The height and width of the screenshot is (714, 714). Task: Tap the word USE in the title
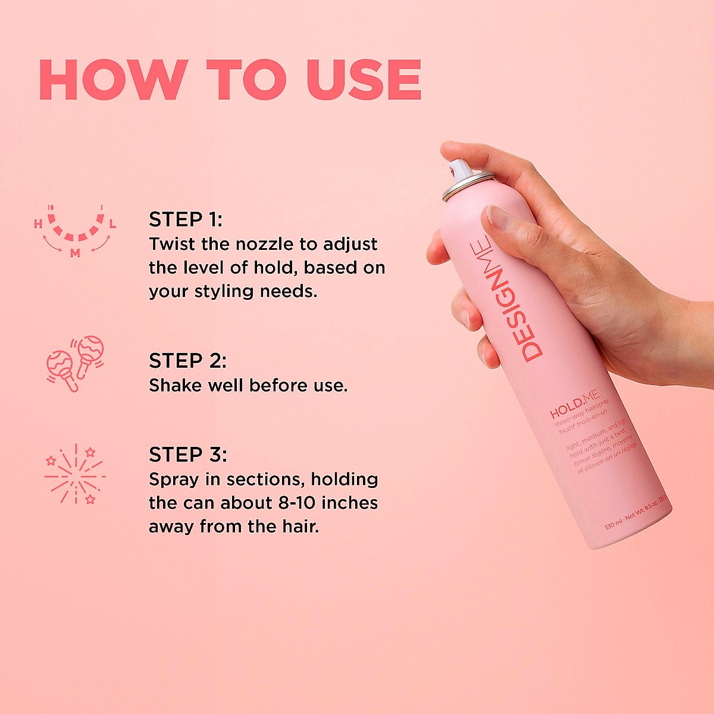click(364, 80)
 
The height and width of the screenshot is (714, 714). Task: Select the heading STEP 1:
click(185, 220)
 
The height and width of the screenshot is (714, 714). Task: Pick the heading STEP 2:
click(187, 361)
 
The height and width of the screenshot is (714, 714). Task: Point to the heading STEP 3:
click(187, 455)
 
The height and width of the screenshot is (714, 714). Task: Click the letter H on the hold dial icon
click(38, 224)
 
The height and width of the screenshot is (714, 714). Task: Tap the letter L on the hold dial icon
click(112, 224)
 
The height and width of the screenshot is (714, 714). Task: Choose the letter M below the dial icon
click(75, 253)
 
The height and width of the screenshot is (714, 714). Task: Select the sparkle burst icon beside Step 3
click(75, 474)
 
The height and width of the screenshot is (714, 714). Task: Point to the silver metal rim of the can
click(468, 184)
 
